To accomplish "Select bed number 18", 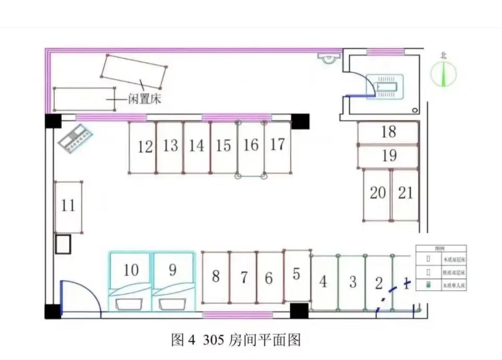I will click(388, 133).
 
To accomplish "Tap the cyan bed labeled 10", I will click(131, 273).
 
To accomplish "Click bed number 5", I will click(297, 276).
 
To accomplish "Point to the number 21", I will click(405, 193).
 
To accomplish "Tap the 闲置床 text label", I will click(145, 99).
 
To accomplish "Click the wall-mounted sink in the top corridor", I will click(327, 58).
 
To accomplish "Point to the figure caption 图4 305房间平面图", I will click(236, 340).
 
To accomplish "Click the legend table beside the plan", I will click(441, 268).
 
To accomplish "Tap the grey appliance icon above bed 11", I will click(75, 139).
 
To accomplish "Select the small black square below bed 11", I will click(63, 244).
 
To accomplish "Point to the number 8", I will click(216, 276).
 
